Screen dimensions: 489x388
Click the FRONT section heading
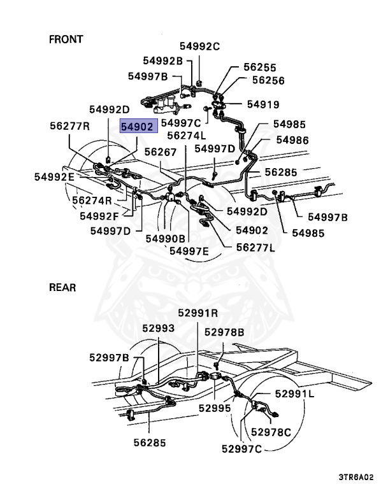coord(66,39)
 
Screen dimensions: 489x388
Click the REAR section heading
coord(62,288)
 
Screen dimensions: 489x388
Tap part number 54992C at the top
coord(199,46)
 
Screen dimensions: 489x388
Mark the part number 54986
coord(292,140)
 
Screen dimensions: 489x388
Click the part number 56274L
coord(187,136)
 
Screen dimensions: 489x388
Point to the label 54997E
coord(189,251)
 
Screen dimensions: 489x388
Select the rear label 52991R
coord(198,313)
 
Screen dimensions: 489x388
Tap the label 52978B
coord(224,332)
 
